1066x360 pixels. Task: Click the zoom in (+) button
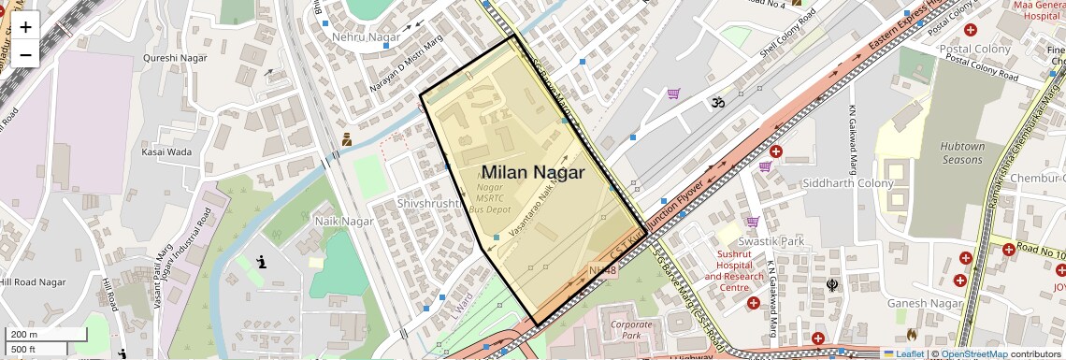pos(25,27)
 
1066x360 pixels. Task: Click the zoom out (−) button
pos(25,54)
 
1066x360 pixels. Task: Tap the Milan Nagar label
pos(532,173)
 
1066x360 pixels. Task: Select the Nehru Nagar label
pos(366,36)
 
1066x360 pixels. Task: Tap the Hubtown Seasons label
pos(962,153)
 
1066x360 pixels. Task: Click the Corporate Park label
pos(631,329)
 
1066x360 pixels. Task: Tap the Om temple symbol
pos(718,100)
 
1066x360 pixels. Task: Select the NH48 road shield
pos(603,271)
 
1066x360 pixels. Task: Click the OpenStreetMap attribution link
pos(973,354)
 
